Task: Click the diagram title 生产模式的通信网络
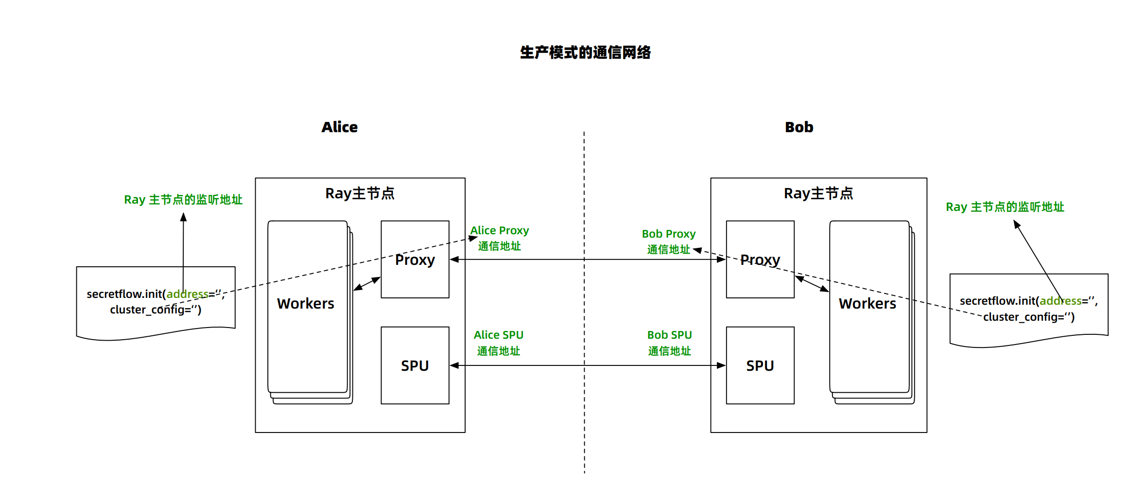585,52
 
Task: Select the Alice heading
339,127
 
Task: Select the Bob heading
799,127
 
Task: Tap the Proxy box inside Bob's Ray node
760,279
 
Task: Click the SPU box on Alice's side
415,365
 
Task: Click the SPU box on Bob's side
760,365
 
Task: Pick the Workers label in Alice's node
305,304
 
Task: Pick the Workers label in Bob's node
867,304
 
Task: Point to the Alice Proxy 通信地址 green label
499,238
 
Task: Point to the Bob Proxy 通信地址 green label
668,242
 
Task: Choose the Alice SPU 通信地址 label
498,343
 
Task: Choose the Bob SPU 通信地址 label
669,343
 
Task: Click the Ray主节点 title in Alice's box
360,193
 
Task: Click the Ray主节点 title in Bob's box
818,193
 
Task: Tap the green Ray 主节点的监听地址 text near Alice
183,200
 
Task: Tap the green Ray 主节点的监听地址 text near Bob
1005,207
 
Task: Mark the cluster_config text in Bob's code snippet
1028,317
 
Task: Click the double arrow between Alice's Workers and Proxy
367,284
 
